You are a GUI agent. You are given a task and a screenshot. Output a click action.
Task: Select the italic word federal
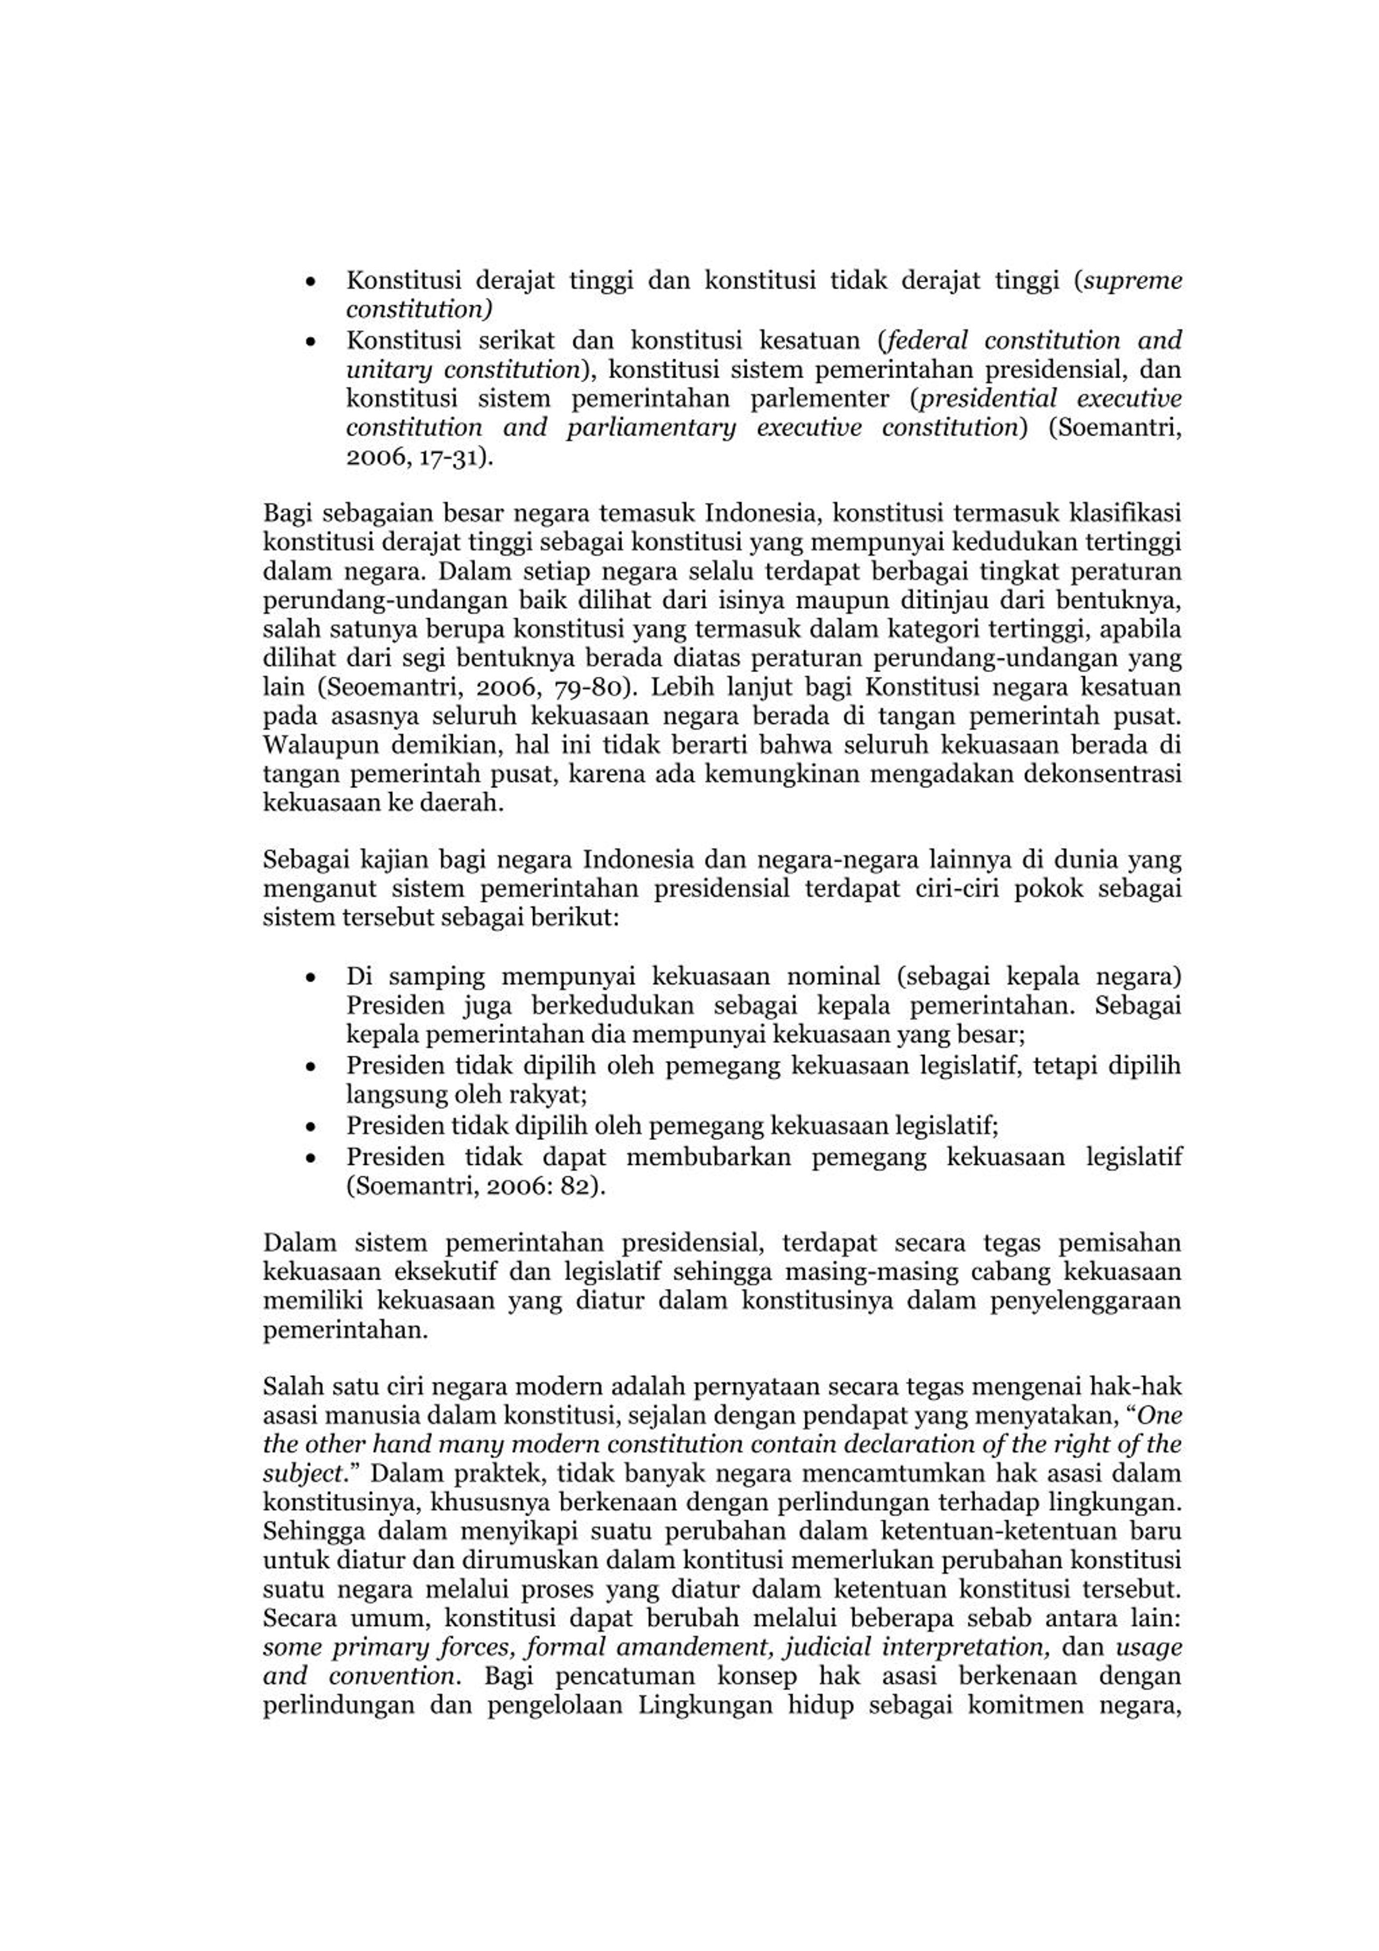(927, 341)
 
